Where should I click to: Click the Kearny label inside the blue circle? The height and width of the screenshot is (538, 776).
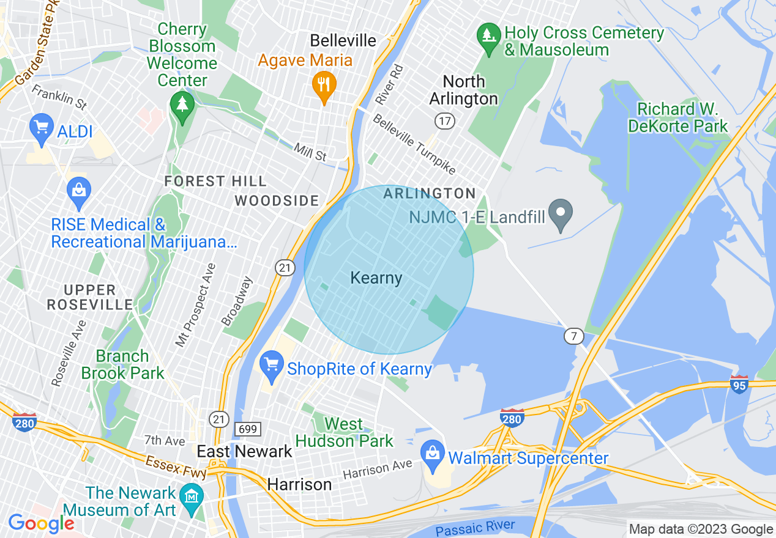[x=376, y=278]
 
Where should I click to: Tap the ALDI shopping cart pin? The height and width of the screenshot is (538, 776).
[x=41, y=128]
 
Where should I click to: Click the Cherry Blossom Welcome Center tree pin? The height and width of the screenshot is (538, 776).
[x=181, y=105]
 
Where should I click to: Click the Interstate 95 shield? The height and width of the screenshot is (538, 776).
[x=739, y=384]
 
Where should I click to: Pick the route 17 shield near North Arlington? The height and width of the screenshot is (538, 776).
[x=445, y=120]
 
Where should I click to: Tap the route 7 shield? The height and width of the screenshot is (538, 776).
[x=573, y=336]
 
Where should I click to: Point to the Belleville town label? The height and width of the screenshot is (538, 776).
[x=343, y=40]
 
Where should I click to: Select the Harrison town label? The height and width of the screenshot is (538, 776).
[x=299, y=485]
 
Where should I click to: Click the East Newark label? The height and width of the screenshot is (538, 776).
[x=244, y=452]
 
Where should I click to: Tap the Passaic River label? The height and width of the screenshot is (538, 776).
[x=475, y=528]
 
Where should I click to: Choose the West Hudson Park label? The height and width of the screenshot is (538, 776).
[x=345, y=432]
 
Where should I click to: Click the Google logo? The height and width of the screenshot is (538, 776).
[x=42, y=523]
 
